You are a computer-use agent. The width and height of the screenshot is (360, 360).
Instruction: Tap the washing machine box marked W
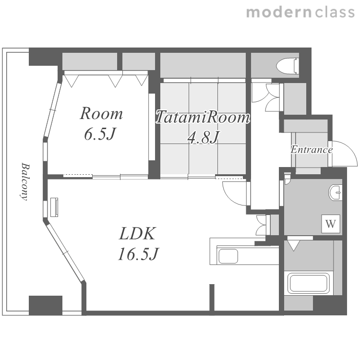click(x=331, y=224)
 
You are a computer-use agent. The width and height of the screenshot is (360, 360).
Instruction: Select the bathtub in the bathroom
click(x=309, y=283)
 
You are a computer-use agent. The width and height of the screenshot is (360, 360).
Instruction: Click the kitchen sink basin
click(x=228, y=256)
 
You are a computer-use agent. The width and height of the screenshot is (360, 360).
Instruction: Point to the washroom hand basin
click(x=335, y=192)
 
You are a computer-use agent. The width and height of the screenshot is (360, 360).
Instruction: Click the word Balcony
click(x=24, y=181)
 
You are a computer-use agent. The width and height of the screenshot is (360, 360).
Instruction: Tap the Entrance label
click(x=312, y=150)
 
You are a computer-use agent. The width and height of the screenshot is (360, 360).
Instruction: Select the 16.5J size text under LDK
click(x=138, y=254)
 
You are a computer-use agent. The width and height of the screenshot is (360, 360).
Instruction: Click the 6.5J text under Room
click(x=99, y=134)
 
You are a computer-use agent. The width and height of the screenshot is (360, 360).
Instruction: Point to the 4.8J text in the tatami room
click(x=203, y=138)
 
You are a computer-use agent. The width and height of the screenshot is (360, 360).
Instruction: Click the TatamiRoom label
click(x=203, y=117)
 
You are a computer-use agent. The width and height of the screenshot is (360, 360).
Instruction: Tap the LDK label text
click(x=138, y=233)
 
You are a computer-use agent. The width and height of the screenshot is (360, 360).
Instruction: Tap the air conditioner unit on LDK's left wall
click(x=54, y=207)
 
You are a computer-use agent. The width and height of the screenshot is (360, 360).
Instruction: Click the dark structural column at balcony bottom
click(x=46, y=305)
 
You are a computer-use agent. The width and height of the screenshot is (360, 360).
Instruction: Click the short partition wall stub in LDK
click(x=212, y=298)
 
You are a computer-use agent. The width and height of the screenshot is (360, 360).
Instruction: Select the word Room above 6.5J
click(x=101, y=113)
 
